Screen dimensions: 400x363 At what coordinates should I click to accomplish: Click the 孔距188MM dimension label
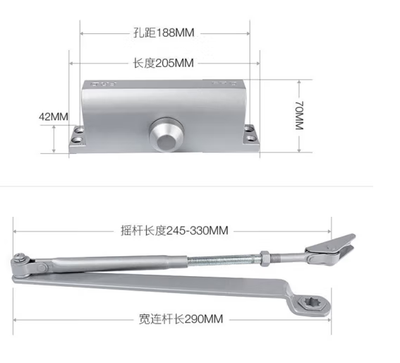coord(164,32)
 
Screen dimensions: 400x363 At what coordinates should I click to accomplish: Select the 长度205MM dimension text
coord(164,63)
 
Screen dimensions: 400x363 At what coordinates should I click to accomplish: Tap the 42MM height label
coord(54,117)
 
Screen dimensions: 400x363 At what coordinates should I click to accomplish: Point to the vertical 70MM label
coord(299,115)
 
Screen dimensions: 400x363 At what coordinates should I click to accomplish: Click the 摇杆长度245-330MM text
coord(174,231)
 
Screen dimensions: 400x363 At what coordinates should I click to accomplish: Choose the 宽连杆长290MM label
coord(181,319)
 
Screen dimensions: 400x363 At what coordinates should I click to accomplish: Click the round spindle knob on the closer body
coord(166,134)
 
